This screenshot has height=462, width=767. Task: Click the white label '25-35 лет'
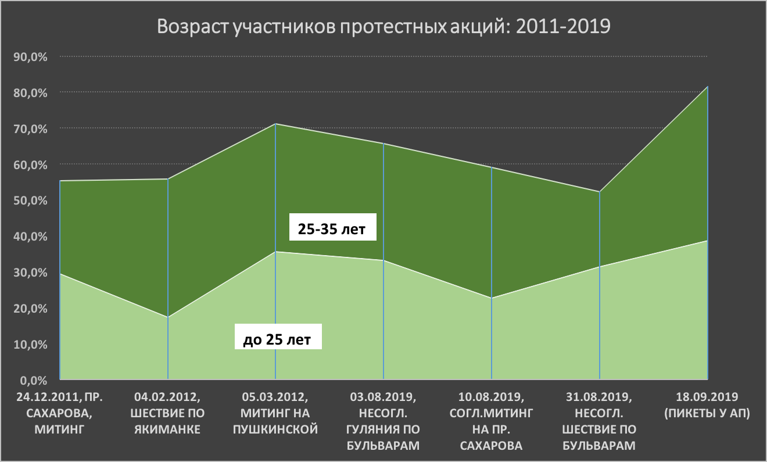[332, 230]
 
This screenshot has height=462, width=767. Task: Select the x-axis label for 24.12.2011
[60, 413]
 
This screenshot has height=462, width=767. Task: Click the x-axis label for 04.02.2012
[167, 413]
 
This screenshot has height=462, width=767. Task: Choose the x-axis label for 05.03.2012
[275, 413]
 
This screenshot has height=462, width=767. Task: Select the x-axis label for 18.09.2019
[707, 405]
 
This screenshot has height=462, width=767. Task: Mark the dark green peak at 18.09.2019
[707, 87]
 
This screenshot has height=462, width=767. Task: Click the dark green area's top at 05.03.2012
[275, 124]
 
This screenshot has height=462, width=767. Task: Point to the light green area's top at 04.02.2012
[168, 317]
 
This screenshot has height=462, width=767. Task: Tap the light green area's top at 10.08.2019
[492, 298]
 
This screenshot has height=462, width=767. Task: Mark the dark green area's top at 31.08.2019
[600, 192]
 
